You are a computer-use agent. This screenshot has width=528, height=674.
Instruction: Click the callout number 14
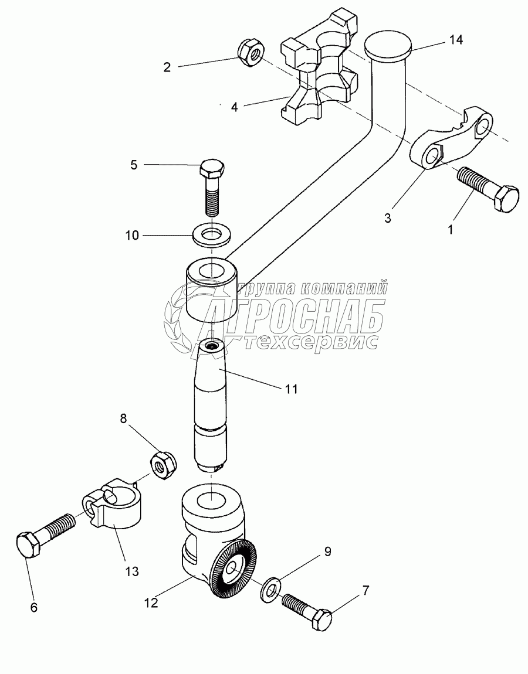(456, 40)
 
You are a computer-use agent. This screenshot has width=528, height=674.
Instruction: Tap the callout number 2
(167, 67)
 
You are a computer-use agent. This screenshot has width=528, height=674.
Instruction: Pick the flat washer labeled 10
(212, 234)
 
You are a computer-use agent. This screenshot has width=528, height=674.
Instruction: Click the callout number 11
(292, 388)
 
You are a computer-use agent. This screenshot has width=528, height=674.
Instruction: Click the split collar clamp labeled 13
(114, 506)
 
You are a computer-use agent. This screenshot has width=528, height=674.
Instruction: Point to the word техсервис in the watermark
(312, 342)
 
